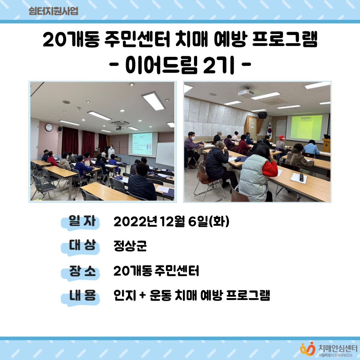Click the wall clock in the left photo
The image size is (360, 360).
[x=49, y=127]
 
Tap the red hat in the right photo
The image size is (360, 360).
[x=281, y=137]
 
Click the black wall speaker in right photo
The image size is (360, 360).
[x=262, y=115]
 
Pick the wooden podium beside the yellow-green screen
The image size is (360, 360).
[x=326, y=145]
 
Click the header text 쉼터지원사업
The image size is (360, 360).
[x=53, y=11]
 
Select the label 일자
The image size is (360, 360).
[x=82, y=221]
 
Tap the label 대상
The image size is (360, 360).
[x=82, y=245]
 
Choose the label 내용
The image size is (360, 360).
[x=82, y=296]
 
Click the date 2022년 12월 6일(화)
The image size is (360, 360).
[x=171, y=222]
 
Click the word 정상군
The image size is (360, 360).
[x=130, y=246]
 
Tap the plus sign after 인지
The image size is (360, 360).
[x=143, y=296]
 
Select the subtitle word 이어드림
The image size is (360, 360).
[x=162, y=65]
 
